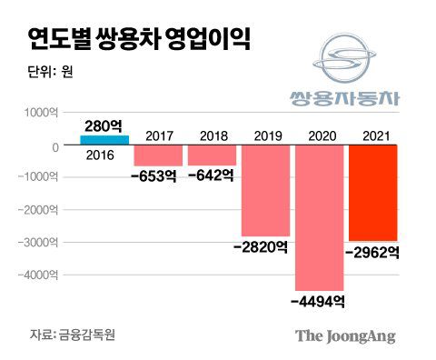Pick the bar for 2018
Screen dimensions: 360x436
coord(211,156)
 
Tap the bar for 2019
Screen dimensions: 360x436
coord(264,191)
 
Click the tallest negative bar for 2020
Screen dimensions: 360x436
coord(318,218)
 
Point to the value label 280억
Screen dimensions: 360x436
coord(105,125)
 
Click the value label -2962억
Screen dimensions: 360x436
coord(372,252)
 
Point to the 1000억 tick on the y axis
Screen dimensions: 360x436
coord(41,113)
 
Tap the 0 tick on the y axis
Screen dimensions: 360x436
coord(55,145)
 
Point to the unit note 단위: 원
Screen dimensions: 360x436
coord(50,74)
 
